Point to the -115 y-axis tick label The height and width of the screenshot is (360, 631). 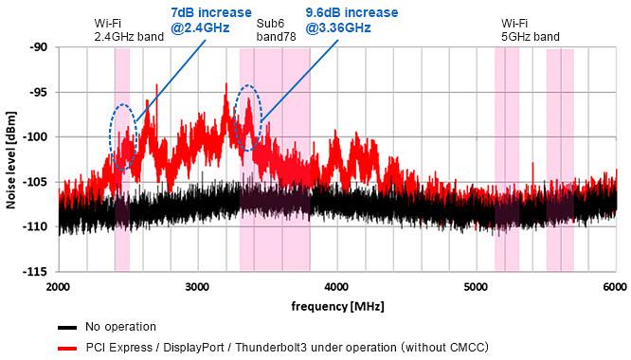click(39, 272)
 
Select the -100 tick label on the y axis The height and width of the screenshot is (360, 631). click(39, 137)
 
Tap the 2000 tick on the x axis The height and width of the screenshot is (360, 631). click(59, 286)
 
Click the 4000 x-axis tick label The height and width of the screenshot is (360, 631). click(336, 286)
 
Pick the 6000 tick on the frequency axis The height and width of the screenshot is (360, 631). click(613, 286)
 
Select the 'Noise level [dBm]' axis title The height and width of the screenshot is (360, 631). click(12, 159)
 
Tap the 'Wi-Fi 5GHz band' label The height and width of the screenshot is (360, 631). click(531, 29)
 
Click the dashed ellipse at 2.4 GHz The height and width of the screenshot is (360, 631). click(123, 135)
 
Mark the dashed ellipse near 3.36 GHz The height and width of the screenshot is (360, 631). click(247, 117)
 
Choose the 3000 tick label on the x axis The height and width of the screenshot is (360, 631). click(197, 286)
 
